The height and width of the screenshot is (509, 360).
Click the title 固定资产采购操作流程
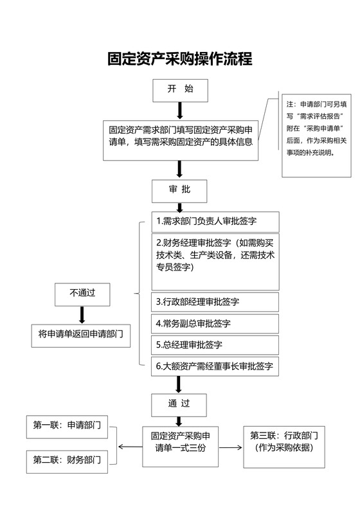[179, 60]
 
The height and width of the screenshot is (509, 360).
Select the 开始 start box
[180, 90]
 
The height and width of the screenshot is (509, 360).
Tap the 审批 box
[179, 190]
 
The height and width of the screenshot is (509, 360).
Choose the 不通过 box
[82, 293]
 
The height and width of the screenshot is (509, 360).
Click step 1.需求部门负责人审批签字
[215, 222]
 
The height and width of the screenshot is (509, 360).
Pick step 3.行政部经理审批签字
[215, 302]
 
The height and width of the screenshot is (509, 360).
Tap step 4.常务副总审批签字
[215, 323]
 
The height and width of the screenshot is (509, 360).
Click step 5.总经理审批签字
[215, 344]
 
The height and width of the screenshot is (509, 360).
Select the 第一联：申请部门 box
[67, 425]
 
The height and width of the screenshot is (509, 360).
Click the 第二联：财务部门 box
[67, 460]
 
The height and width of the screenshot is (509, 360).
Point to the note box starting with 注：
[317, 134]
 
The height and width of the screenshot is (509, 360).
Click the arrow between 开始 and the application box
[180, 110]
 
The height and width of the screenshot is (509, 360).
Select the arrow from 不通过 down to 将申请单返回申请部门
[82, 314]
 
